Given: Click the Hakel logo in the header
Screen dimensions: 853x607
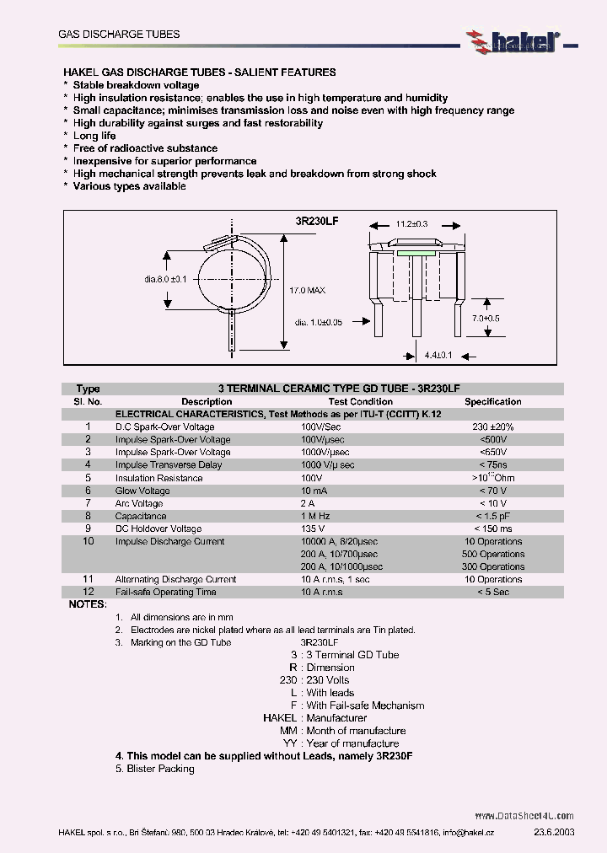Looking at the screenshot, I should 513,39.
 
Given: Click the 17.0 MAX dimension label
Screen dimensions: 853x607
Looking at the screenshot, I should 307,290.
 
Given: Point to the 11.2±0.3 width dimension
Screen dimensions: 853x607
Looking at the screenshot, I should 411,224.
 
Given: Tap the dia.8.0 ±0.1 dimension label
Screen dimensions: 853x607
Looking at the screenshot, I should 165,279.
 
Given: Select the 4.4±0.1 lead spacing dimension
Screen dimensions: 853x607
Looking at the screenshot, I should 438,356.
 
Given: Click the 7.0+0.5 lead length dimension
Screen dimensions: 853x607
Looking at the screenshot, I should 486,318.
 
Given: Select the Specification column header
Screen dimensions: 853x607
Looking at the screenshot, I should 493,402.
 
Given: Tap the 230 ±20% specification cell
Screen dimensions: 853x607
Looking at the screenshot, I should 493,427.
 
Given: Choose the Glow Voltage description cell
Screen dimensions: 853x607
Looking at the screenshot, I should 142,491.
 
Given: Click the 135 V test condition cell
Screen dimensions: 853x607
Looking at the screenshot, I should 314,528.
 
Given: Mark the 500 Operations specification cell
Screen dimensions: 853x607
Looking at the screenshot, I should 493,554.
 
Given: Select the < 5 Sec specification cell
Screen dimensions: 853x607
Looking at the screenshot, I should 493,592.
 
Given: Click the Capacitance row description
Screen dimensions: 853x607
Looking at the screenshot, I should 141,516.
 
